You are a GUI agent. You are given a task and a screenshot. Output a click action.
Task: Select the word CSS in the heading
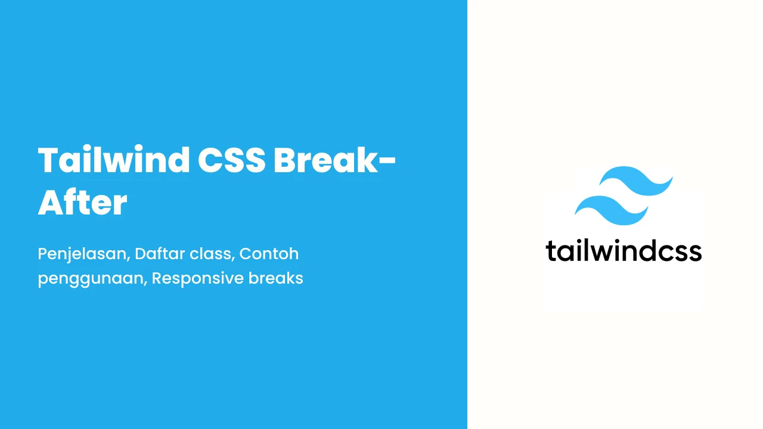click(x=232, y=160)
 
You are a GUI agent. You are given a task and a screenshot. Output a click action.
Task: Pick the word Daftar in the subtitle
click(x=159, y=254)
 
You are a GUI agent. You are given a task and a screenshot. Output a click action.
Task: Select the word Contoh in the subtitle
click(x=269, y=254)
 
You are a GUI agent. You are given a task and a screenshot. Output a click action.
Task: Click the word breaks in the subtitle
click(x=275, y=278)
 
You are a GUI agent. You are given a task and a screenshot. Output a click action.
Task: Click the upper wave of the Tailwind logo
click(x=636, y=181)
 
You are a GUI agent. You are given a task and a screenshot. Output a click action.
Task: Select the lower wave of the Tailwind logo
click(x=612, y=210)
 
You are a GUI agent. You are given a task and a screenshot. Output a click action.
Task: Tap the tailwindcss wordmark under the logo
click(x=624, y=251)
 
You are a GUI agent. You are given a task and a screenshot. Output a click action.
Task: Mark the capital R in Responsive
click(x=158, y=278)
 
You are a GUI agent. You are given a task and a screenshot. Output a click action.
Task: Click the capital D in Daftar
click(x=142, y=254)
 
